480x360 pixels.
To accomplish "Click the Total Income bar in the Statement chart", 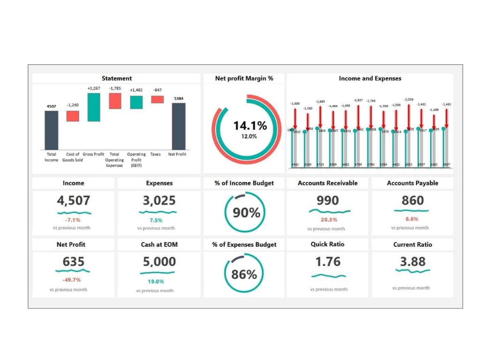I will [52, 130].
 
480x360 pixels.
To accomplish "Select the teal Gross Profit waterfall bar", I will [94, 107].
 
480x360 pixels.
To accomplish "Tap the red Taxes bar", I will [157, 99].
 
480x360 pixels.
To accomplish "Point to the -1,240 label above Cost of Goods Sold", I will [73, 105].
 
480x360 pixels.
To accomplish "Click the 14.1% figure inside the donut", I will [250, 126].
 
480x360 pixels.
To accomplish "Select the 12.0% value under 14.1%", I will [249, 136].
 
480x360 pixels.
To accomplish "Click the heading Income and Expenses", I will [370, 79].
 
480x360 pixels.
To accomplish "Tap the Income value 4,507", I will [74, 201].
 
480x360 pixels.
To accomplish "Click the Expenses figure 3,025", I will [159, 201].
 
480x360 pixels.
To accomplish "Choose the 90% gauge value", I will [247, 213].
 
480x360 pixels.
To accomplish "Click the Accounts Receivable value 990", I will [328, 201].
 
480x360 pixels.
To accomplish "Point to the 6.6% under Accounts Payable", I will [412, 219].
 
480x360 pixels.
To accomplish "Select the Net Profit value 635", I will [74, 262].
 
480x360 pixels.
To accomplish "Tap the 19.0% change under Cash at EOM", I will [156, 282].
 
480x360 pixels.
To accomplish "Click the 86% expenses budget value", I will [244, 275].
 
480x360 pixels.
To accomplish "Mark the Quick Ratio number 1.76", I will [328, 262].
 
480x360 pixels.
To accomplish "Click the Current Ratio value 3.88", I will [413, 262].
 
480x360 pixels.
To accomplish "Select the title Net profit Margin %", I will [244, 79].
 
